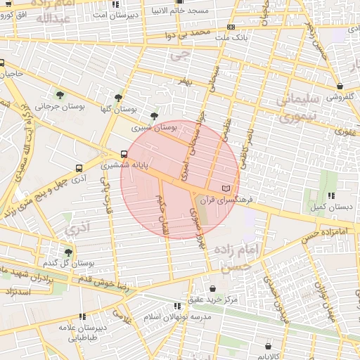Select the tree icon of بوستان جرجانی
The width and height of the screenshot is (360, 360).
pos(58,94)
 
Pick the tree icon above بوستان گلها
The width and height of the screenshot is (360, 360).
pos(117,98)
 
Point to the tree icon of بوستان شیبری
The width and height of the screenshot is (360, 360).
pos(154,117)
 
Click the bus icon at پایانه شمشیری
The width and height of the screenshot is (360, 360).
pos(124,154)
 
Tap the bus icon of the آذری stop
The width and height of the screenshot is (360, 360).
pos(79,169)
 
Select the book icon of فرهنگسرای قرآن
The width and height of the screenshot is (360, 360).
pos(225,188)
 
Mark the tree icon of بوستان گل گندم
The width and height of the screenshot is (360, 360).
pos(68,252)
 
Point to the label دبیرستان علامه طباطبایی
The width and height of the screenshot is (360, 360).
pos(82,333)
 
